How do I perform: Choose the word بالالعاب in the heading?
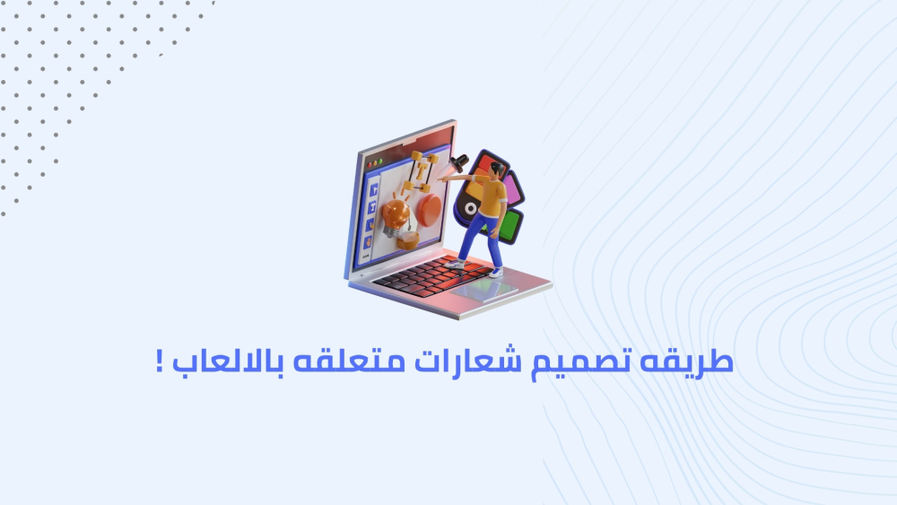pyautogui.click(x=228, y=361)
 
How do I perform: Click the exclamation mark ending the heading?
pyautogui.click(x=160, y=361)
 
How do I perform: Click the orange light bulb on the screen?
pyautogui.click(x=396, y=215)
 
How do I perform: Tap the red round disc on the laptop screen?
pyautogui.click(x=429, y=208)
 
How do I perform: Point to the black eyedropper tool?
pyautogui.click(x=458, y=163)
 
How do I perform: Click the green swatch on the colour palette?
pyautogui.click(x=510, y=225)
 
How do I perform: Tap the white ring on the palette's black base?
pyautogui.click(x=471, y=209)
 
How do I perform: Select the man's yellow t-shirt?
pyautogui.click(x=492, y=196)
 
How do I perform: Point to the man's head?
pyautogui.click(x=496, y=170)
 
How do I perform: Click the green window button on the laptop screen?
pyautogui.click(x=380, y=162)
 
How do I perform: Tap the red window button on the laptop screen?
pyautogui.click(x=370, y=165)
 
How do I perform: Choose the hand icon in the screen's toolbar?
pyautogui.click(x=368, y=242)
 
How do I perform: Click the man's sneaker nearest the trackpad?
pyautogui.click(x=497, y=273)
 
